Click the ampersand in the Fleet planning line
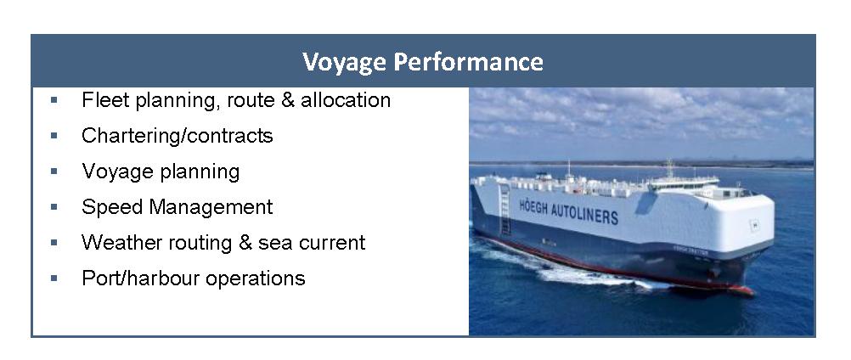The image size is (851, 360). [288, 99]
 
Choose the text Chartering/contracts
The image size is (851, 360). [177, 136]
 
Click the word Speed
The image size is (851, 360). [112, 207]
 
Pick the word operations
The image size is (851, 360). [256, 279]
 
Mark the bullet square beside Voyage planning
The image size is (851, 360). [54, 172]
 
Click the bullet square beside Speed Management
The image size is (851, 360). [54, 206]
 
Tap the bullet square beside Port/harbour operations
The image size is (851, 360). [54, 278]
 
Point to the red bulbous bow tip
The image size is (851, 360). [750, 292]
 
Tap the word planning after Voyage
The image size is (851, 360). [200, 172]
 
